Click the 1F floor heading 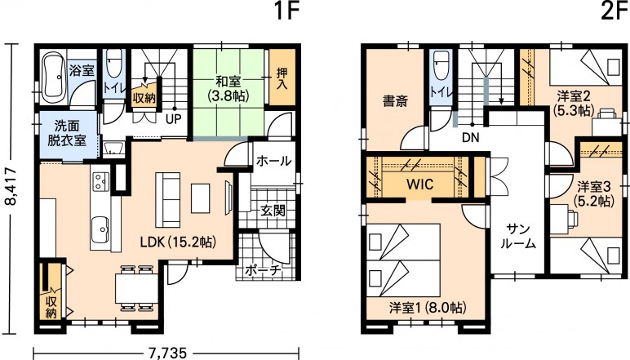[287, 11]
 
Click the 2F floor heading [614, 11]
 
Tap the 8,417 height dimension [13, 186]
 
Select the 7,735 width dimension [167, 353]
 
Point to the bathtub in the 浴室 [54, 77]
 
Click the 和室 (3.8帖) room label [228, 88]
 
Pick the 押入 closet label [282, 78]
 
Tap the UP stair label [174, 119]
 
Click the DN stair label [471, 138]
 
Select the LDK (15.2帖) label [178, 242]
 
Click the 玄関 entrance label [273, 210]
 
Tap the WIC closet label [420, 184]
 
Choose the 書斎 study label [395, 101]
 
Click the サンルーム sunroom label [518, 237]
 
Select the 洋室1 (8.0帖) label [428, 309]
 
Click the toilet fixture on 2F [441, 65]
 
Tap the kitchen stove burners [101, 181]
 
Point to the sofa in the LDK [167, 200]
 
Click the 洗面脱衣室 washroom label [67, 133]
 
